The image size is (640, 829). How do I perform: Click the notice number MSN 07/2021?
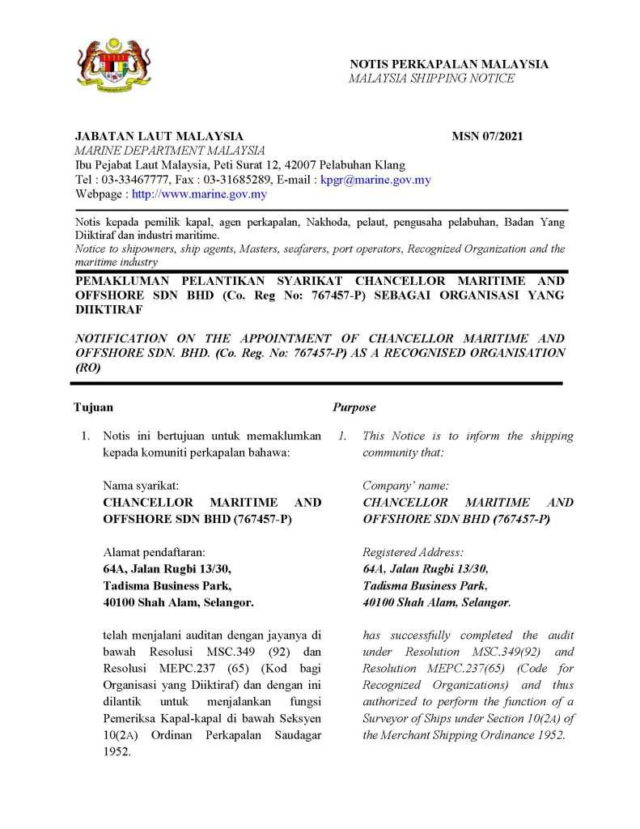click(487, 136)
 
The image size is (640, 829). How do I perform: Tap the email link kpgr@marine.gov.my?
click(375, 180)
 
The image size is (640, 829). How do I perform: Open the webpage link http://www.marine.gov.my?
click(199, 194)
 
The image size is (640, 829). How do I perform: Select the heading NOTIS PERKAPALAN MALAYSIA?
click(449, 64)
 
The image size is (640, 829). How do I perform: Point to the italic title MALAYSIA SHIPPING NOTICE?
click(431, 79)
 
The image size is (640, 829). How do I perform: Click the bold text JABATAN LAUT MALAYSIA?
click(159, 136)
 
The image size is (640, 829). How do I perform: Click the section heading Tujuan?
click(94, 407)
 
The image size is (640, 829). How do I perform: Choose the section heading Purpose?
click(354, 407)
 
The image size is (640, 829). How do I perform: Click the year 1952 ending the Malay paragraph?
click(117, 750)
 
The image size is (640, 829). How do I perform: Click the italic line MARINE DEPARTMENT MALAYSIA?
click(170, 151)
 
